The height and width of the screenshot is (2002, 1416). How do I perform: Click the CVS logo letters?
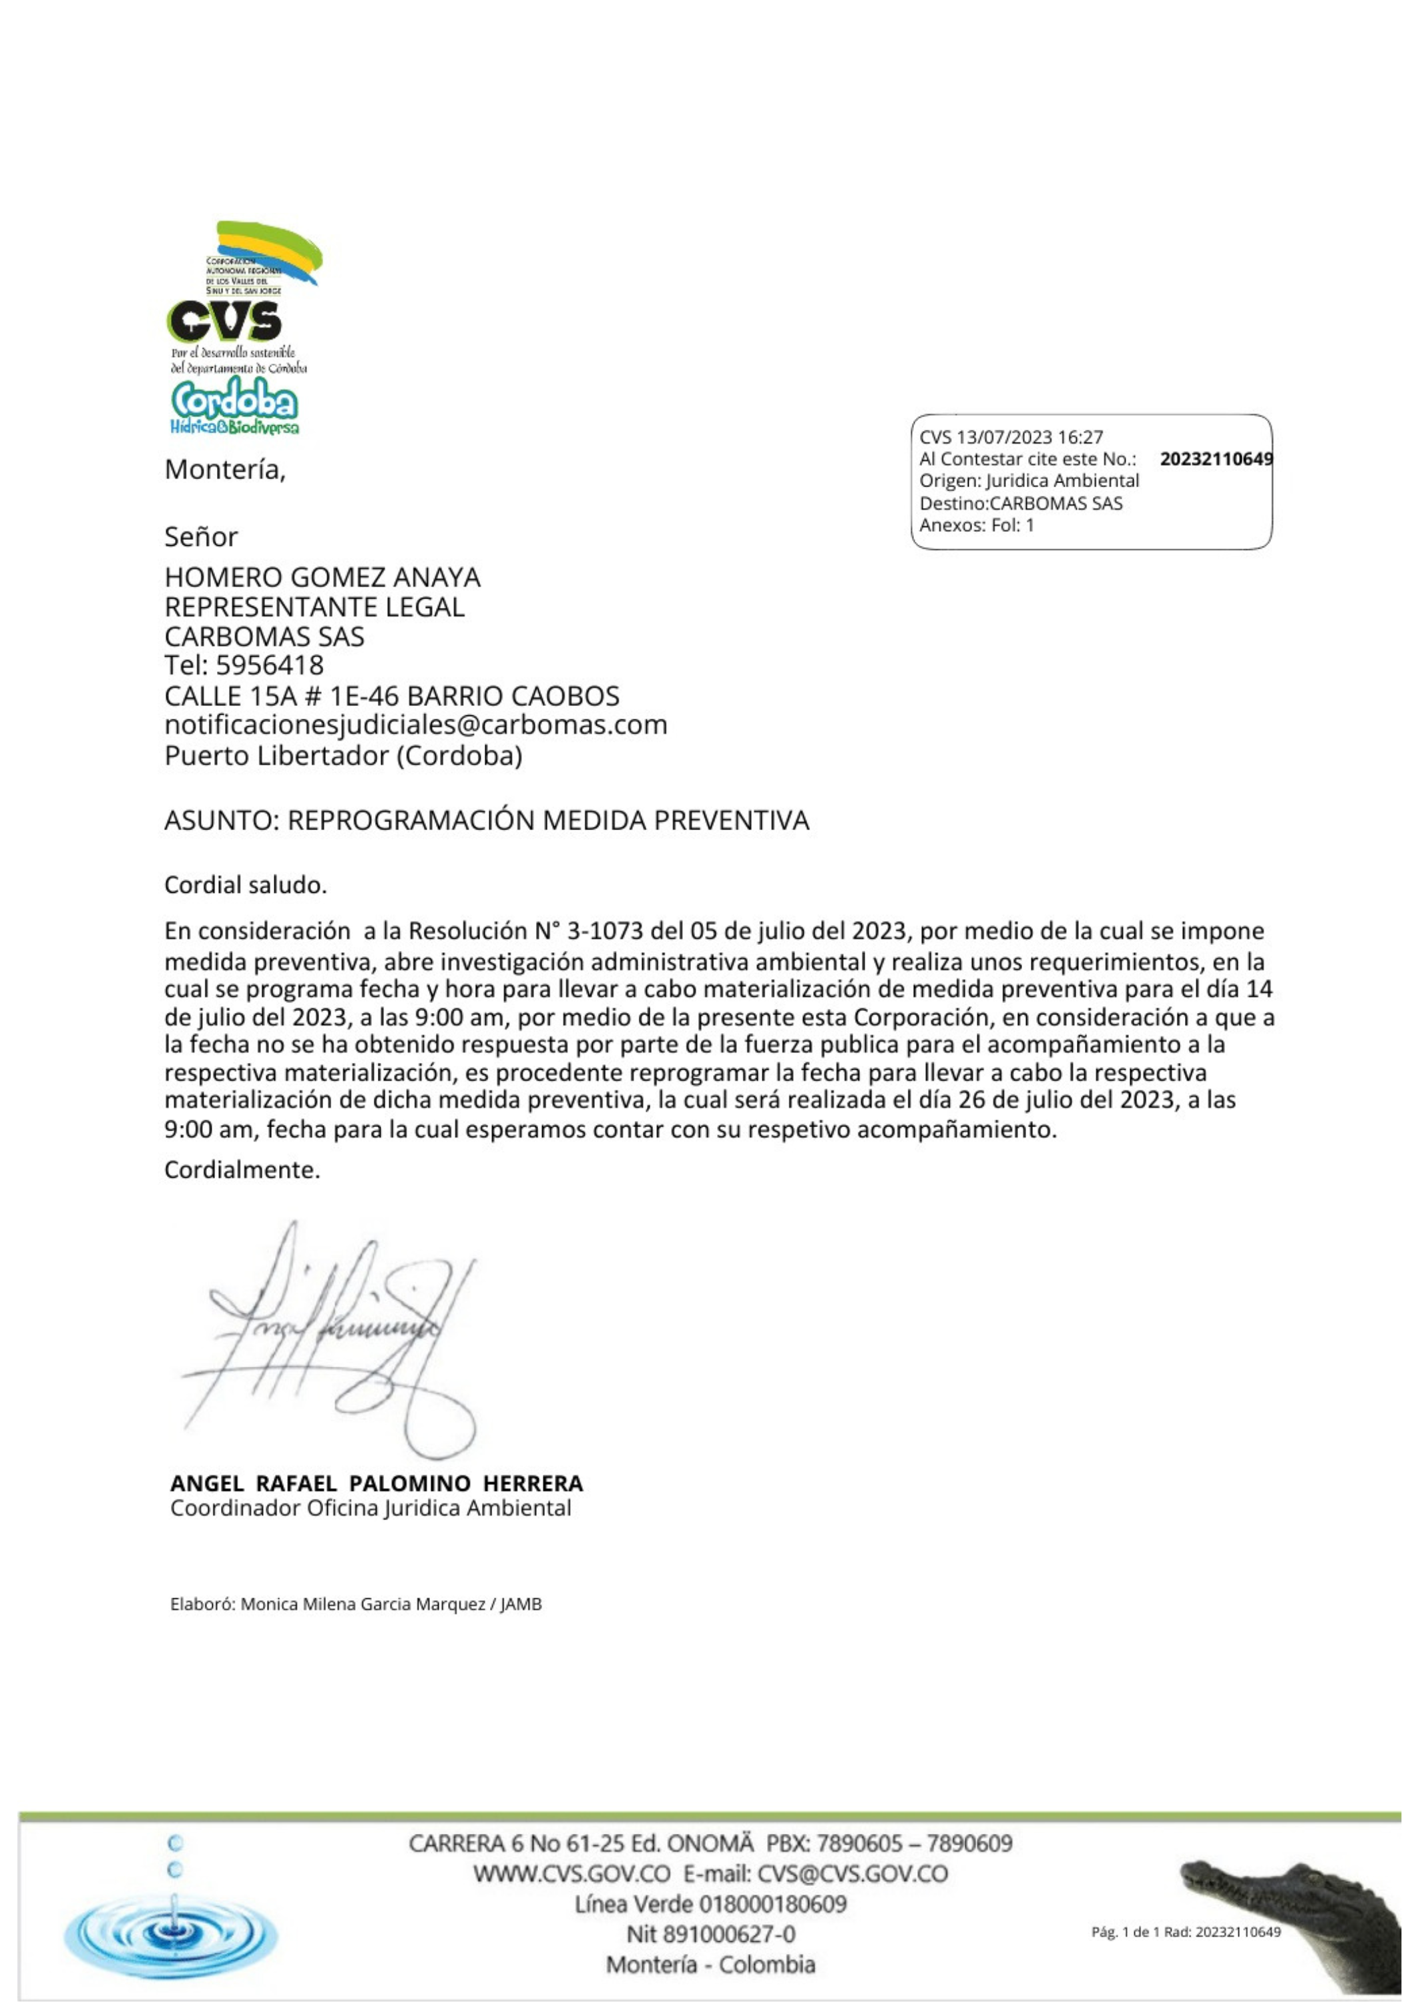pyautogui.click(x=224, y=322)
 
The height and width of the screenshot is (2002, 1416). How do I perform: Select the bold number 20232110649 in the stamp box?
pyautogui.click(x=1215, y=458)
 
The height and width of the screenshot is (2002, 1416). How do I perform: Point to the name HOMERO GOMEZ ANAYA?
pyautogui.click(x=322, y=577)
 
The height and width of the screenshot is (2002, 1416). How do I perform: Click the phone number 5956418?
pyautogui.click(x=269, y=665)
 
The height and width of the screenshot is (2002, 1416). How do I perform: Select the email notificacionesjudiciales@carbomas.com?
pyautogui.click(x=415, y=725)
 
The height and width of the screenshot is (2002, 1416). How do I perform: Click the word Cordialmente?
pyautogui.click(x=242, y=1169)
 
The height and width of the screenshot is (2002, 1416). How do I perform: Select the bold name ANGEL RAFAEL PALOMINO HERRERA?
pyautogui.click(x=376, y=1483)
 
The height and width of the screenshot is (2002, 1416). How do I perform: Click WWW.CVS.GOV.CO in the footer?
pyautogui.click(x=571, y=1873)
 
